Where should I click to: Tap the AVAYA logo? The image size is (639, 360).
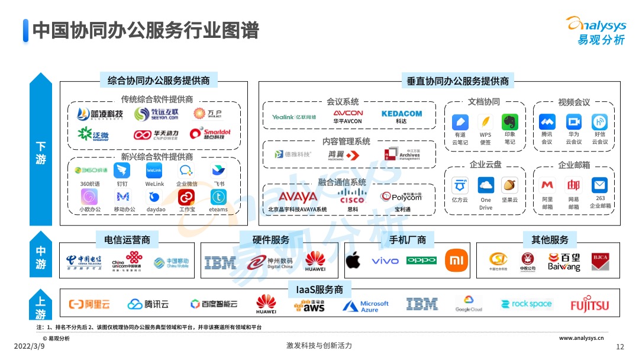(298, 197)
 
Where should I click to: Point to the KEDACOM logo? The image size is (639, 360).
(402, 114)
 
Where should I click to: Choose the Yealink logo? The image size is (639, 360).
(294, 117)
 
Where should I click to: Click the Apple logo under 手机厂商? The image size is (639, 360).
(353, 260)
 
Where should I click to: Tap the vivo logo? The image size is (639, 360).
(385, 261)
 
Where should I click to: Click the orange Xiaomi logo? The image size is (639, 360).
(456, 260)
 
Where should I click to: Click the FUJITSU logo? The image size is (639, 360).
(589, 305)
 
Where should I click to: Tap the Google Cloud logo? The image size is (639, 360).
(469, 304)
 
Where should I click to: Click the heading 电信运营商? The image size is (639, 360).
(127, 240)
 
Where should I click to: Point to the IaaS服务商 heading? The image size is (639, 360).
(319, 290)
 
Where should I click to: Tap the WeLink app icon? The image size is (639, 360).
(154, 171)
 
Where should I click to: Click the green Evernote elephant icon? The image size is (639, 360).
(510, 122)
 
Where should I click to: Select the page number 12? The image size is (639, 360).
(620, 346)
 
